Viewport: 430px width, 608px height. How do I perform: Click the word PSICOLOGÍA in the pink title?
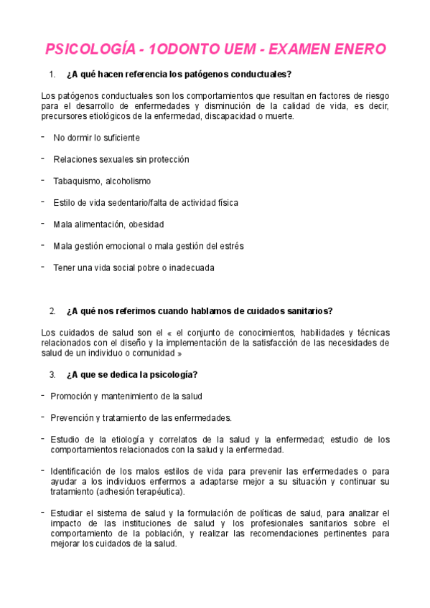(88, 49)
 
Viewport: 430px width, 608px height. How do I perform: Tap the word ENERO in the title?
(357, 49)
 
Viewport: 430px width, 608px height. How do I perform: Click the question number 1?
(52, 75)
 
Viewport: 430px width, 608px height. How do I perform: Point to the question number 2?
(52, 311)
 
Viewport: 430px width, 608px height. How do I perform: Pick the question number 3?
(52, 374)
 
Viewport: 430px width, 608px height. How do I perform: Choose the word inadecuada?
(190, 268)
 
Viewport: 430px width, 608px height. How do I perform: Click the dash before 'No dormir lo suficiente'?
(43, 136)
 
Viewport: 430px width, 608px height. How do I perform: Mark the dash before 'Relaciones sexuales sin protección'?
(43, 158)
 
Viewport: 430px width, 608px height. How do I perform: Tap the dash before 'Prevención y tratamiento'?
(43, 416)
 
